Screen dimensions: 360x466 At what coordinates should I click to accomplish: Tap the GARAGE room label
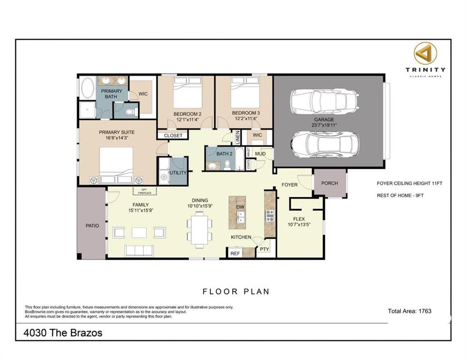[324, 119]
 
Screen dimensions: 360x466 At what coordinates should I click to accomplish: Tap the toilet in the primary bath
[129, 112]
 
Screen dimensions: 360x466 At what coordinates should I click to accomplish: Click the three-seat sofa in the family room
[139, 250]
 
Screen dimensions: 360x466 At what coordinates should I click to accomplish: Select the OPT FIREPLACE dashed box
[145, 191]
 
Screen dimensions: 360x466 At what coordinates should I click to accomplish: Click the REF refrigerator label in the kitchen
[235, 253]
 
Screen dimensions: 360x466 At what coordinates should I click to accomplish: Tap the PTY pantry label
[264, 249]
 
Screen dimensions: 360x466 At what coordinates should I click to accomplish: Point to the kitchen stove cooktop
[270, 216]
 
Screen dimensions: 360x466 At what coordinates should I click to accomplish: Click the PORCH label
[329, 183]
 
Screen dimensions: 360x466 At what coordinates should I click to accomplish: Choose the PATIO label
[92, 226]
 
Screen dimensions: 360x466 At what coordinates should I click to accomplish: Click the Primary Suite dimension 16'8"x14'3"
[116, 138]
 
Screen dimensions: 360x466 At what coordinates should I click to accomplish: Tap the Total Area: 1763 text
[410, 311]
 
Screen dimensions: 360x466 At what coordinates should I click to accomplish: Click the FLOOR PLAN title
[236, 292]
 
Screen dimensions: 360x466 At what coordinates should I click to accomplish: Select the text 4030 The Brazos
[63, 333]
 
